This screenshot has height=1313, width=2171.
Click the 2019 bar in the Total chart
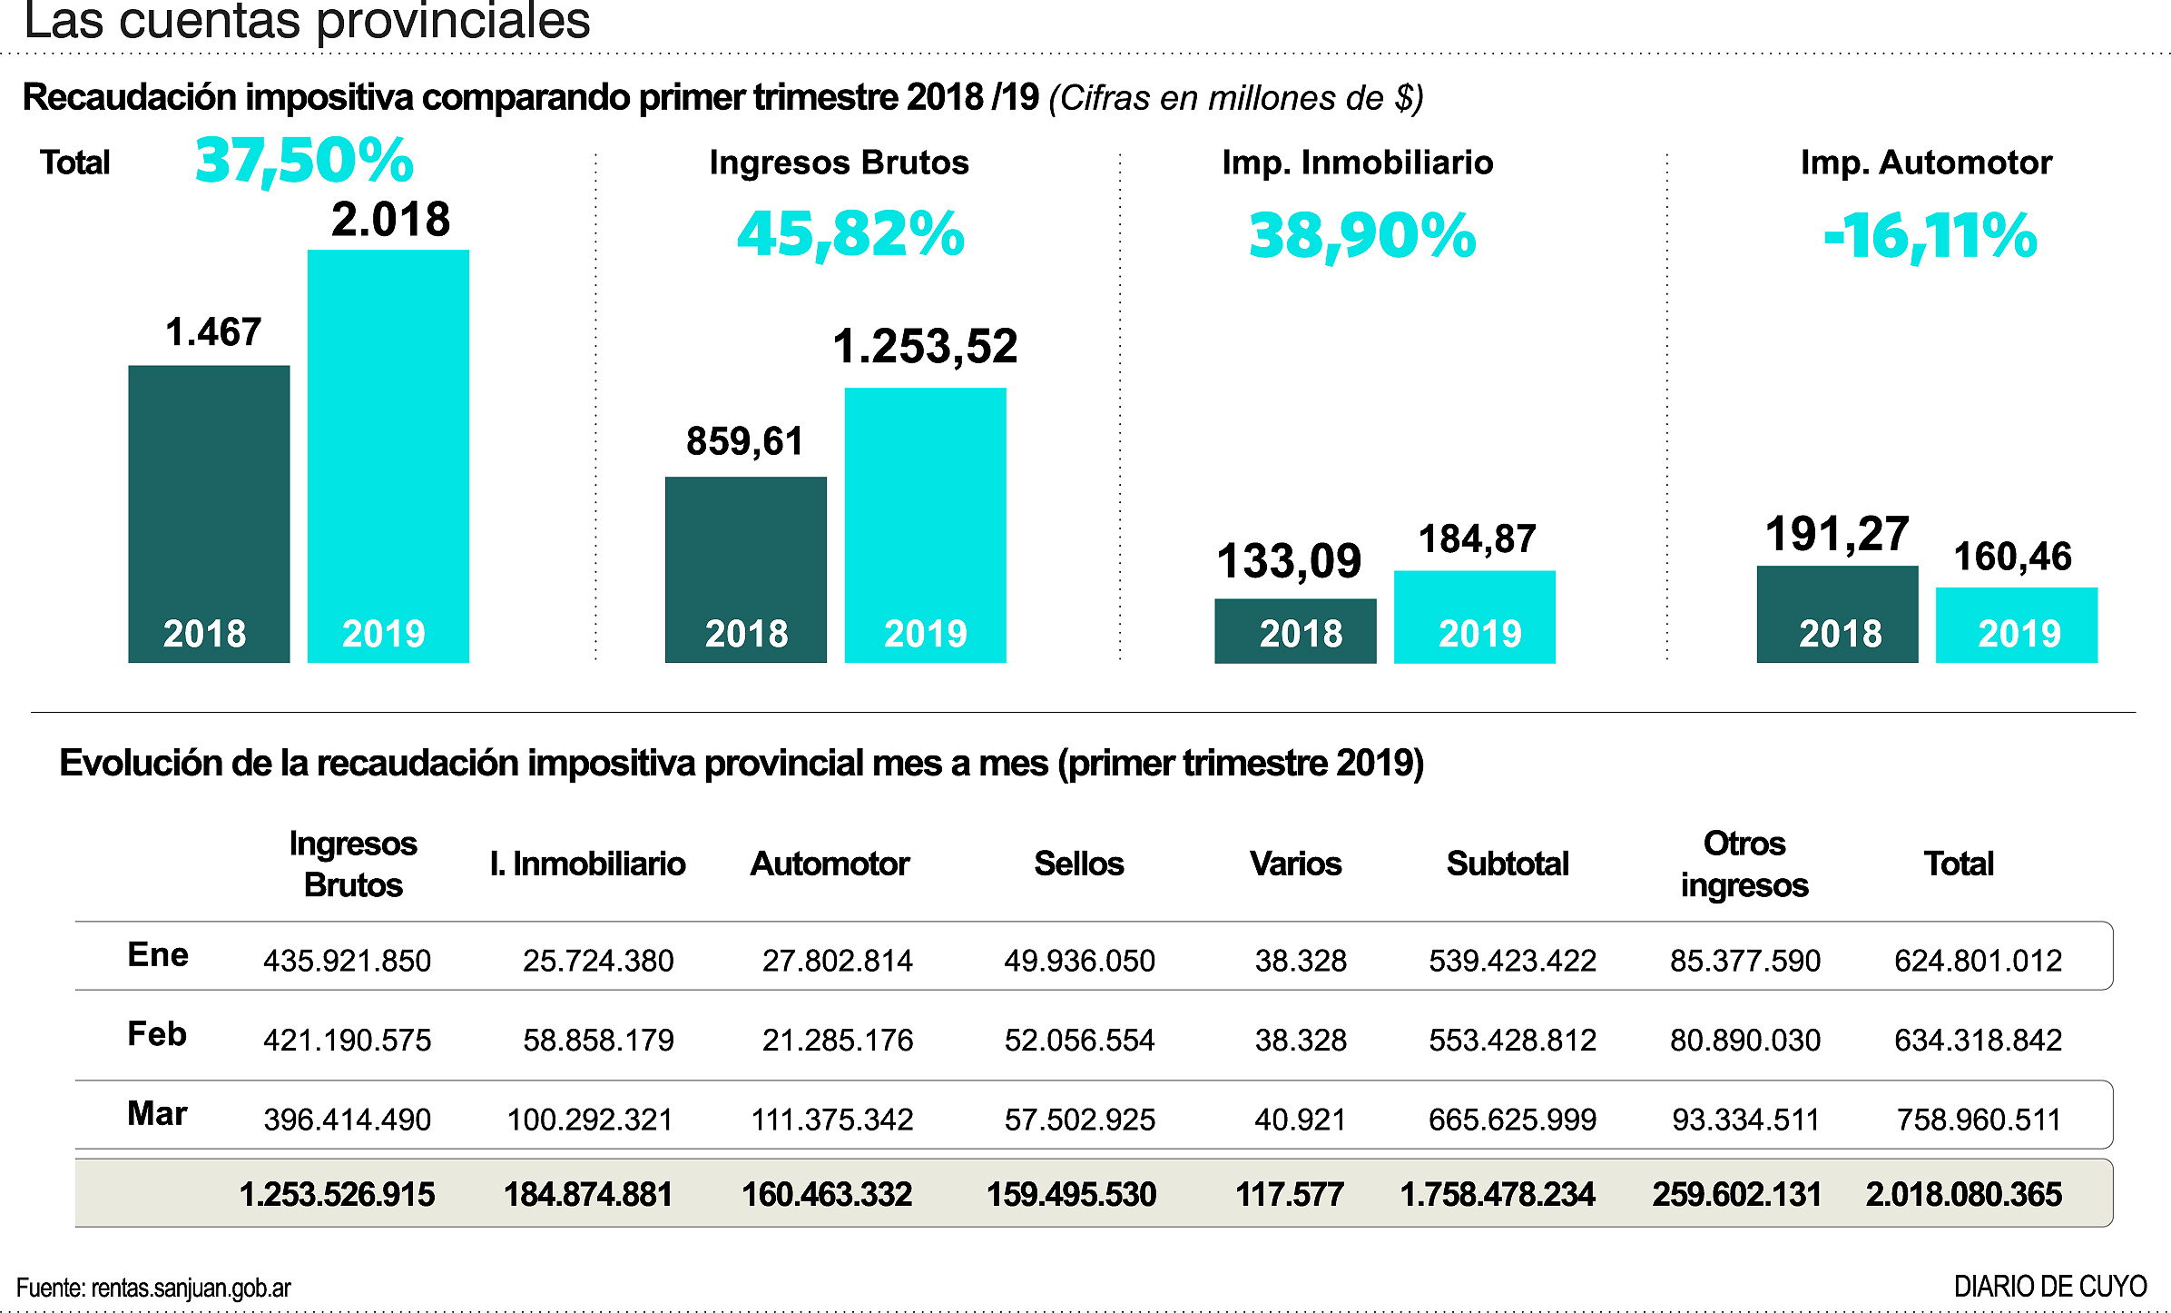tap(388, 454)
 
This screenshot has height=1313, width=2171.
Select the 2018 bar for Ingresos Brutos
tap(745, 568)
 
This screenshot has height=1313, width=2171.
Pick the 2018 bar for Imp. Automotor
tap(1837, 613)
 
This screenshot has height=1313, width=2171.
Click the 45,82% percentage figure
tap(850, 234)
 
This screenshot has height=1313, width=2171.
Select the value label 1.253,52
tap(925, 347)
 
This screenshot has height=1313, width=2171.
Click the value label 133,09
tap(1289, 561)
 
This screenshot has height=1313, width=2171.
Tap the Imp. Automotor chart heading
tap(1926, 163)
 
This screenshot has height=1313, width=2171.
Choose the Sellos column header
tap(1078, 864)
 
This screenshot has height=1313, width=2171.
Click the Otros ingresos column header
tap(1744, 864)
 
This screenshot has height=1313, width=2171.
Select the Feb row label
tap(157, 1034)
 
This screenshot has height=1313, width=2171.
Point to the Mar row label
tap(157, 1113)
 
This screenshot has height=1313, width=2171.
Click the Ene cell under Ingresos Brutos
tap(347, 961)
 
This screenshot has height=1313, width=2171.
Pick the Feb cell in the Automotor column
tap(837, 1040)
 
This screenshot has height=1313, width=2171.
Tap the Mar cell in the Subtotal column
tap(1512, 1120)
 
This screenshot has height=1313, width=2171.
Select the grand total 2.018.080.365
tap(1963, 1194)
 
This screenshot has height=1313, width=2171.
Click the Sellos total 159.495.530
tap(1071, 1194)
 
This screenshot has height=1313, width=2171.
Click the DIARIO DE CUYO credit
tap(2049, 1287)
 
